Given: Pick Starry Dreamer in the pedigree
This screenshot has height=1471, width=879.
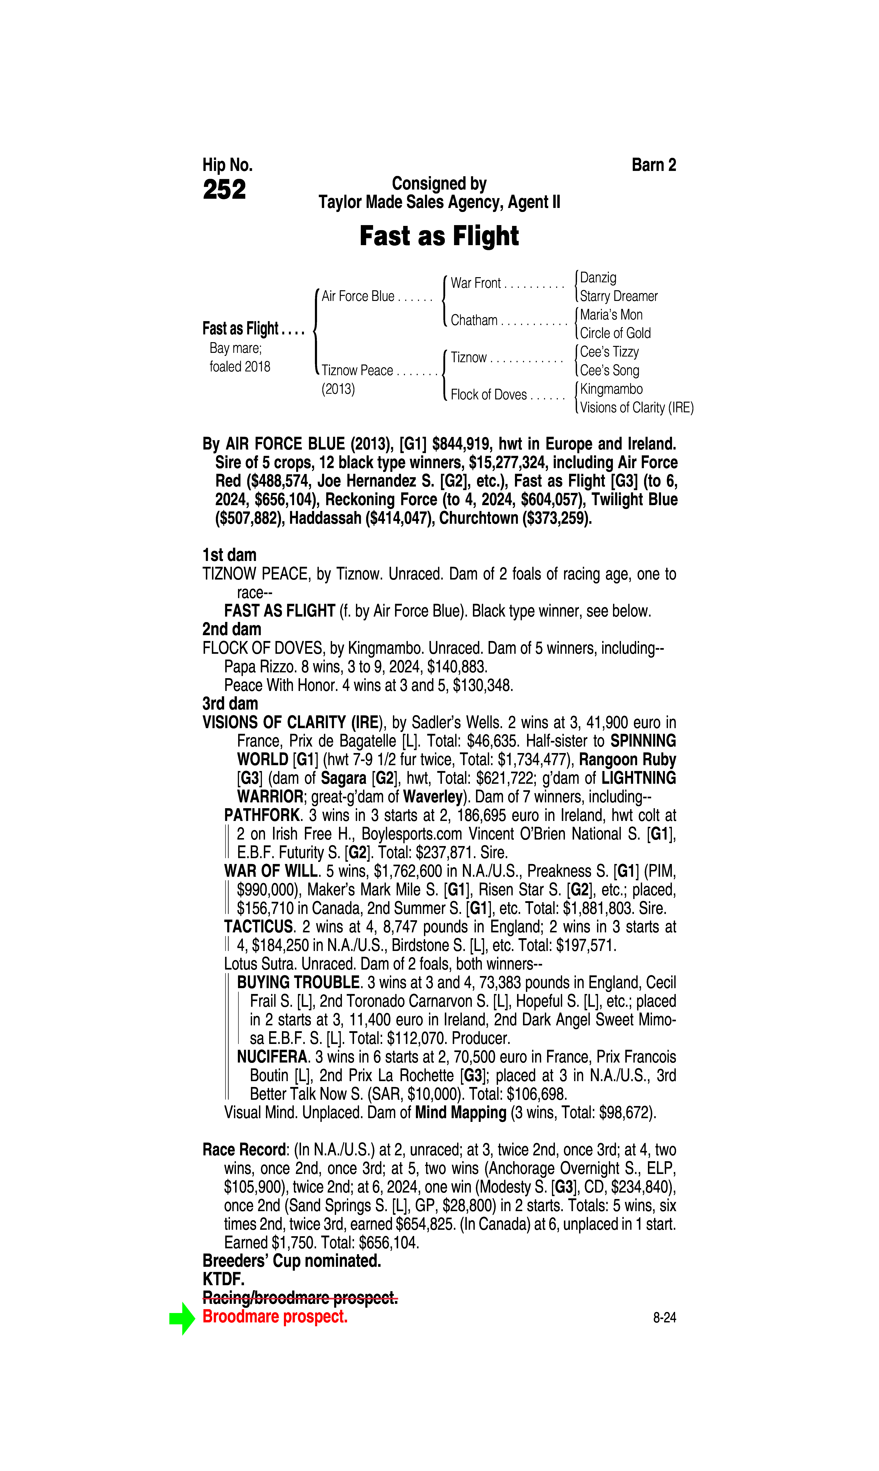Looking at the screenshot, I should pyautogui.click(x=618, y=296).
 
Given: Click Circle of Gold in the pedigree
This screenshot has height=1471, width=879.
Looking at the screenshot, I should pyautogui.click(x=615, y=333).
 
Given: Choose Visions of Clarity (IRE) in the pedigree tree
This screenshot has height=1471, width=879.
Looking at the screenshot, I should pyautogui.click(x=636, y=408).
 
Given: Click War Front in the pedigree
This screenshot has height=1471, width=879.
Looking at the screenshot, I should pyautogui.click(x=476, y=283).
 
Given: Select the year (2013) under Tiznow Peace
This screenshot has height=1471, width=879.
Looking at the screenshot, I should pyautogui.click(x=338, y=389).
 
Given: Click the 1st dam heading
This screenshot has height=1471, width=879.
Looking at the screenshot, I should pyautogui.click(x=229, y=555).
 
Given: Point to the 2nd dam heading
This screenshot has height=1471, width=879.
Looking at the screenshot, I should pyautogui.click(x=232, y=629).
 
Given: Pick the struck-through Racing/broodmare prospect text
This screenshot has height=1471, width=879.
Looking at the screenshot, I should pyautogui.click(x=300, y=1298).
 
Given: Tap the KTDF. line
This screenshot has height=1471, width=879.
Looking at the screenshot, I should pyautogui.click(x=223, y=1280).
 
